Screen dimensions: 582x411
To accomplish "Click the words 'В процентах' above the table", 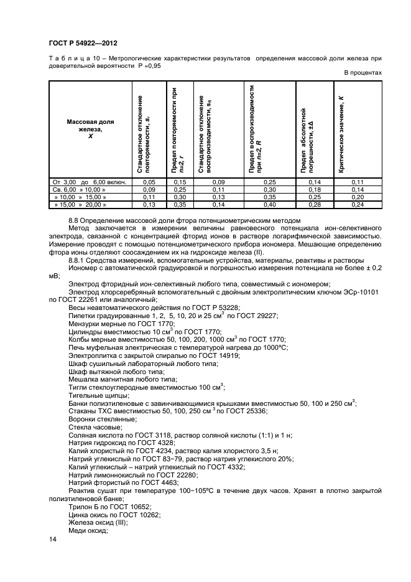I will tap(363, 73).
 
